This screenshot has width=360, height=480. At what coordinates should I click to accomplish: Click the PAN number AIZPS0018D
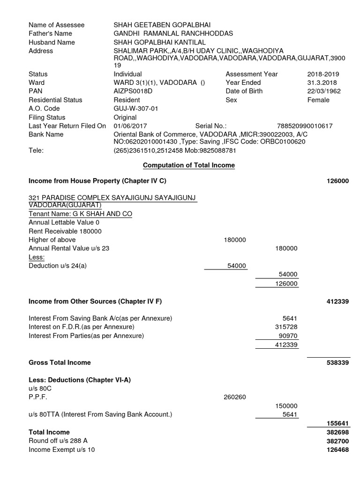click(133, 91)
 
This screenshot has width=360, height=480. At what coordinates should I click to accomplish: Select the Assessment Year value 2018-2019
click(323, 74)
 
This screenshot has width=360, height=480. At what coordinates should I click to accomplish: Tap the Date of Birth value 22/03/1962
click(323, 91)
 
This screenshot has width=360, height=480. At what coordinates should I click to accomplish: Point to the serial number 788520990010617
click(304, 126)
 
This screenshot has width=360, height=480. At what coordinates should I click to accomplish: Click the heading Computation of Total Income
click(189, 165)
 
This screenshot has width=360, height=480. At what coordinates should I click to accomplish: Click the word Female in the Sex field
click(318, 100)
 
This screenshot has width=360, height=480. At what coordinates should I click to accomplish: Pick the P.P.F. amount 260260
click(235, 397)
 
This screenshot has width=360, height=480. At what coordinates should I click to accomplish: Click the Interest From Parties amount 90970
click(288, 336)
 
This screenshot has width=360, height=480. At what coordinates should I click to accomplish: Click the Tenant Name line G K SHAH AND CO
click(80, 214)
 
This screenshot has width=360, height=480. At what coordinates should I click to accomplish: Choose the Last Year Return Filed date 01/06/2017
click(130, 126)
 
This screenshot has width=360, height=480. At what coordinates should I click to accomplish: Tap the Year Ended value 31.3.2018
click(320, 82)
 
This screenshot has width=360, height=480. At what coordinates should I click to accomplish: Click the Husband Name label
click(52, 42)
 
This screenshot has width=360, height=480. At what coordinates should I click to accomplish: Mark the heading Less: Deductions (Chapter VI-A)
click(80, 380)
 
